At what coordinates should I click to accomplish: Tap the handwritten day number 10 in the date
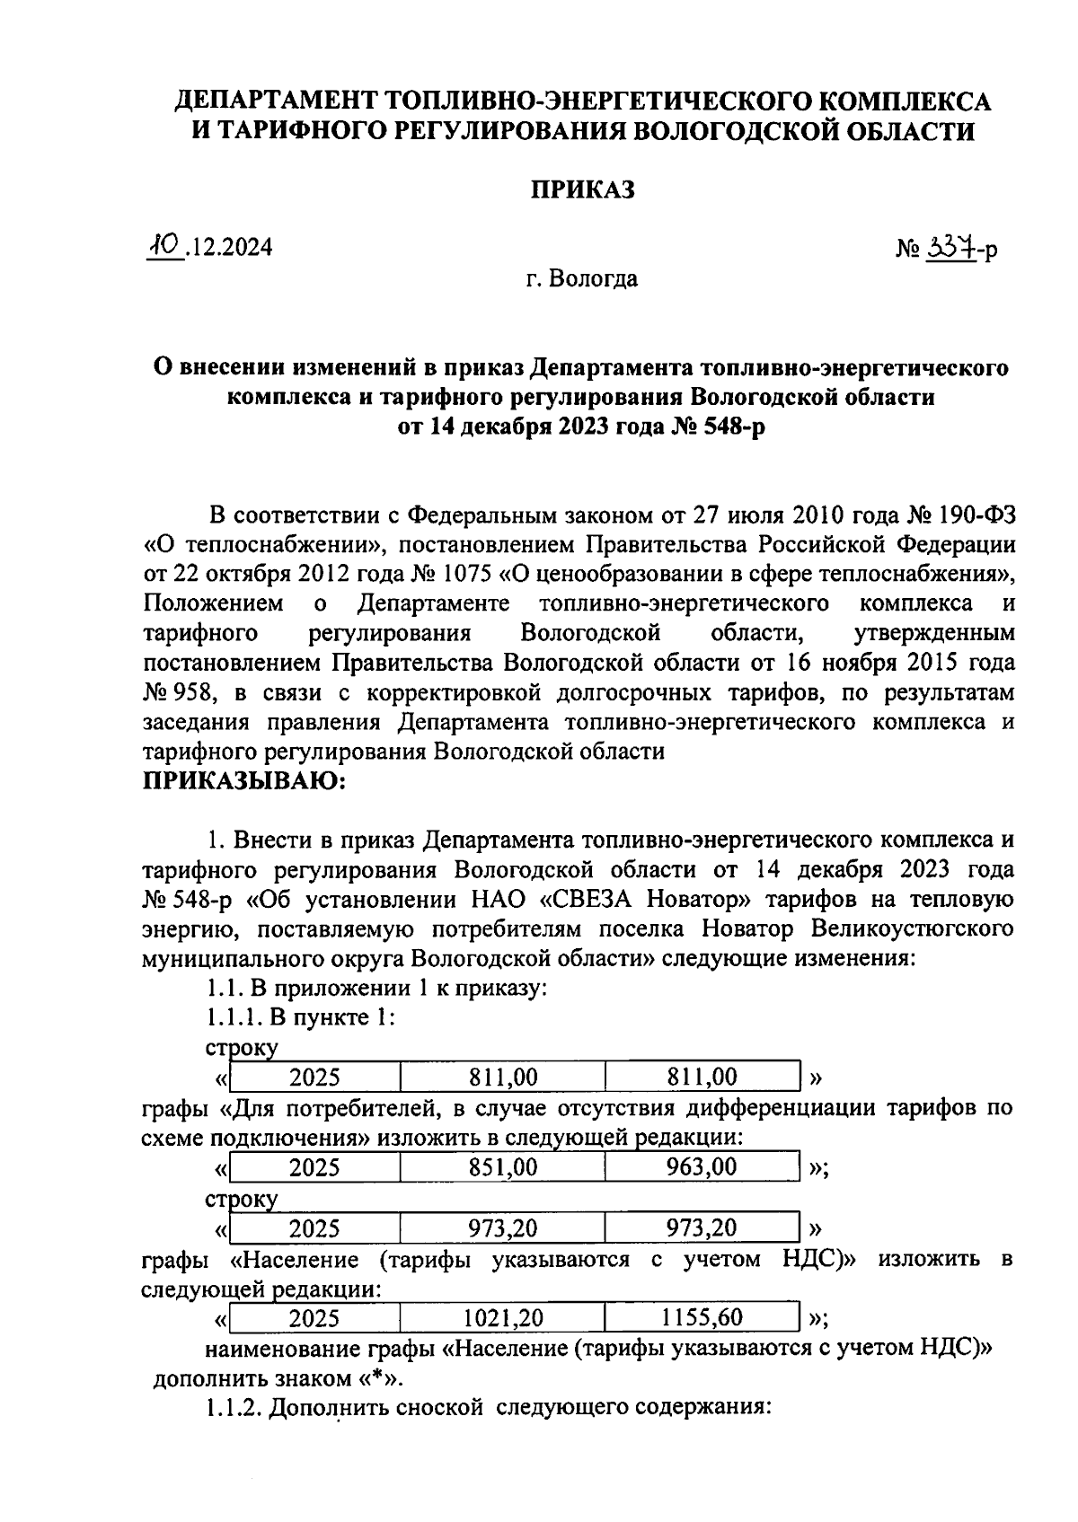point(165,245)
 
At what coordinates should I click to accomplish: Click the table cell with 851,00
point(503,1167)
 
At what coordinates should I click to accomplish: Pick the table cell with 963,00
point(702,1167)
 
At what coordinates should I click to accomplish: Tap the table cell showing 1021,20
point(503,1318)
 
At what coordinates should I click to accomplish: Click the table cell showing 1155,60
point(702,1318)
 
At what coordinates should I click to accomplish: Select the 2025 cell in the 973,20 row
point(314,1228)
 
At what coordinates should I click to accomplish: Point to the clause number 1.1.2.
point(233,1408)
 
